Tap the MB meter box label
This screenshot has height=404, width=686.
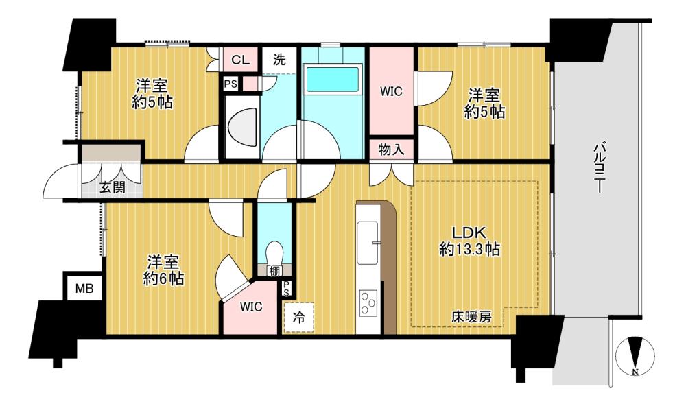tap(84, 289)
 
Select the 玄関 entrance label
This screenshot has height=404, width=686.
tap(113, 187)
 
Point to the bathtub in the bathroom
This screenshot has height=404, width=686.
tap(333, 79)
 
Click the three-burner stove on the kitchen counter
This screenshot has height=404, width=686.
tap(368, 302)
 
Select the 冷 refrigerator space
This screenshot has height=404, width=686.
tap(299, 317)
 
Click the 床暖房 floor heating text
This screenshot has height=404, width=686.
tap(472, 317)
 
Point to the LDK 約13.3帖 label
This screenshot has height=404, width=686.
tap(469, 241)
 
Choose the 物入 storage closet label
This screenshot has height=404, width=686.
tap(391, 150)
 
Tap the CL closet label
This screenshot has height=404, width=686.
tap(240, 60)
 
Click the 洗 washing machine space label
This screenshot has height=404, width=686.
tap(279, 59)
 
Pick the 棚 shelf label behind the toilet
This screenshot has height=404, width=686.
tap(274, 271)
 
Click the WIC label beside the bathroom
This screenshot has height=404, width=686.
tap(391, 91)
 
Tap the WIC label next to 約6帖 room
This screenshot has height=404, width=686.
tap(251, 307)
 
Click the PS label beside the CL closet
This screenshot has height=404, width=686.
tap(230, 84)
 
